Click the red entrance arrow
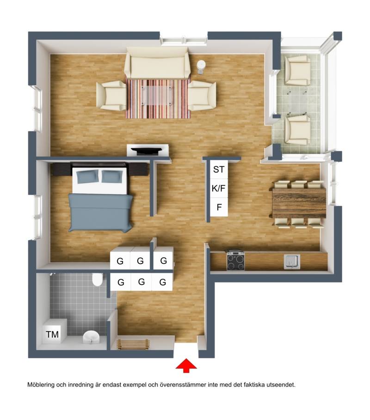186,366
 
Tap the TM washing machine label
52,334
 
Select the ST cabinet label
219,169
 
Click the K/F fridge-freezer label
218,188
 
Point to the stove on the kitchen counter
236,260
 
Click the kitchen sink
292,262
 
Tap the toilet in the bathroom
97,279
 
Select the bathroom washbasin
91,337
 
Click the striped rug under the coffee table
158,99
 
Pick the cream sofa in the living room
157,62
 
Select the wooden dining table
299,203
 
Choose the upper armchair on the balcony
297,70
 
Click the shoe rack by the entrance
133,345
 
